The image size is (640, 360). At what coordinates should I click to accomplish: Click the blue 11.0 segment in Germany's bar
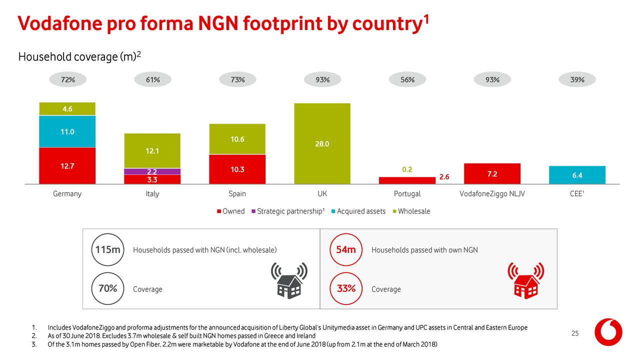point(67,131)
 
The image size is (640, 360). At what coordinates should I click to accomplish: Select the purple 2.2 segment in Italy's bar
point(152,171)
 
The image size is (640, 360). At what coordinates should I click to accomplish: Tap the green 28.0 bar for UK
point(322,143)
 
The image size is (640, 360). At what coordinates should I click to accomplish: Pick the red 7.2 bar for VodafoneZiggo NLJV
point(492,173)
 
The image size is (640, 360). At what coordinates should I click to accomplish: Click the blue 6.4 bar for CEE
point(577,175)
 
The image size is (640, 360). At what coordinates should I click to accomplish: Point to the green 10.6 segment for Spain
point(237,139)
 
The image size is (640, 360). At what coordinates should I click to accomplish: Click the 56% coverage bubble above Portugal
point(407,79)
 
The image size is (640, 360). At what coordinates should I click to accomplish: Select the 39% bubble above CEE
point(577,79)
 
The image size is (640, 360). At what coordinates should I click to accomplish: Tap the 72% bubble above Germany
point(67,79)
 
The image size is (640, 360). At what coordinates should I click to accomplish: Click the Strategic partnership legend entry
point(288,211)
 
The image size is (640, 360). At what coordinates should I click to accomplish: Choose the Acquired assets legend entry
point(358,211)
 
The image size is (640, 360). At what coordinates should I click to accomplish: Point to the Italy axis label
point(152,193)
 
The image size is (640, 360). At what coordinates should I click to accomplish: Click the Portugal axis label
point(407,193)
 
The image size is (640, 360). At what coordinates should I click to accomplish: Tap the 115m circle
point(107,249)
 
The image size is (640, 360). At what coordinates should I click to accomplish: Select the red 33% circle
point(346,288)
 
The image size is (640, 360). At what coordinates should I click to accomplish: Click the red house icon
point(526,280)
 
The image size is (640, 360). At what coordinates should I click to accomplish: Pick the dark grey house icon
point(289,280)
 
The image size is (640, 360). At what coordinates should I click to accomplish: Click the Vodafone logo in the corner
point(608,332)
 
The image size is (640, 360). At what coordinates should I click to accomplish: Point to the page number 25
point(575,333)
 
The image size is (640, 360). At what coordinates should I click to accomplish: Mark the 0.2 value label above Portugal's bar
point(407,169)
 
